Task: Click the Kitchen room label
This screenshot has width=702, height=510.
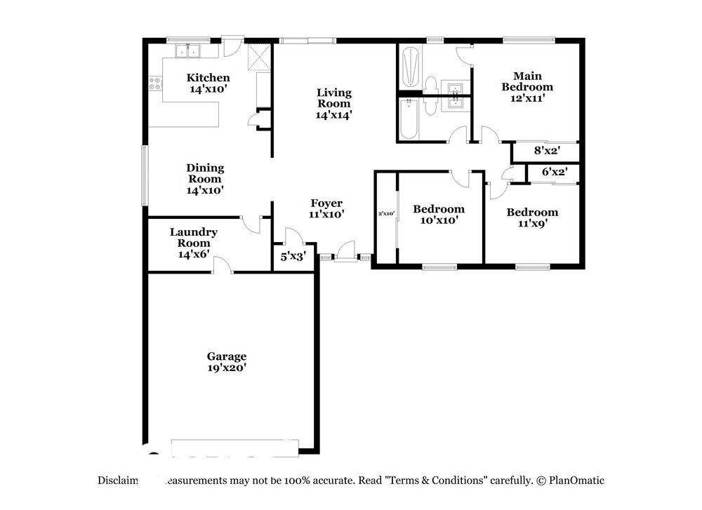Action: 208,83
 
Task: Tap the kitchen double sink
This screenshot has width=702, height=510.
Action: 187,51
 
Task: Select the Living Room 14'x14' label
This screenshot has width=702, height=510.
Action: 333,103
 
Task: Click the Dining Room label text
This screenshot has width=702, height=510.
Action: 205,178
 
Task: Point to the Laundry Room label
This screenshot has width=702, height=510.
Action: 193,243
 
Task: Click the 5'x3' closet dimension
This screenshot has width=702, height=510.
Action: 293,257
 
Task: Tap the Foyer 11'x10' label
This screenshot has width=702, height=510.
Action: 326,209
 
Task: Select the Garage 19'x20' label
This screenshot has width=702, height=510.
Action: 226,361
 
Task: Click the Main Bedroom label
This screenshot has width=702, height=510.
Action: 532,87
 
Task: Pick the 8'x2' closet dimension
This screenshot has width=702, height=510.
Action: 546,150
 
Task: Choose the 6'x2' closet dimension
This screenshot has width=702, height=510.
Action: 555,172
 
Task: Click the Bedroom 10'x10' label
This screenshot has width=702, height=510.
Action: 438,214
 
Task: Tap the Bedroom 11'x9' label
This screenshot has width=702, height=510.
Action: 532,217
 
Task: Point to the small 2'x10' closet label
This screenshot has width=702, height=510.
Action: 386,213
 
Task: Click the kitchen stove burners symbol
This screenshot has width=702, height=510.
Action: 155,83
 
